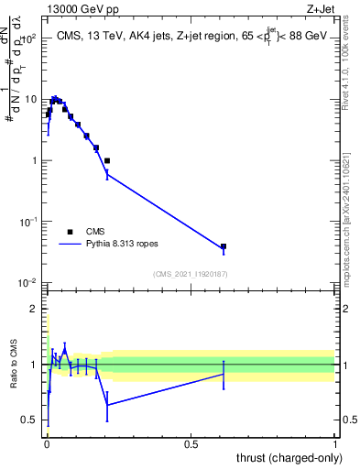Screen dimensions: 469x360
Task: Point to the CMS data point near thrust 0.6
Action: point(224,246)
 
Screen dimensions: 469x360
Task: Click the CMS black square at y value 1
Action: point(107,160)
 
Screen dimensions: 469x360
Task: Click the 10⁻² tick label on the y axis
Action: point(30,283)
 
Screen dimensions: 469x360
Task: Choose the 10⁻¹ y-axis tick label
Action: point(30,222)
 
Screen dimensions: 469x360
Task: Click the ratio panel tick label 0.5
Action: point(31,420)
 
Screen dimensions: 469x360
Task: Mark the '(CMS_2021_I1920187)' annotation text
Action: point(191,273)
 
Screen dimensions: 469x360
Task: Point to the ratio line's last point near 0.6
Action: point(224,374)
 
